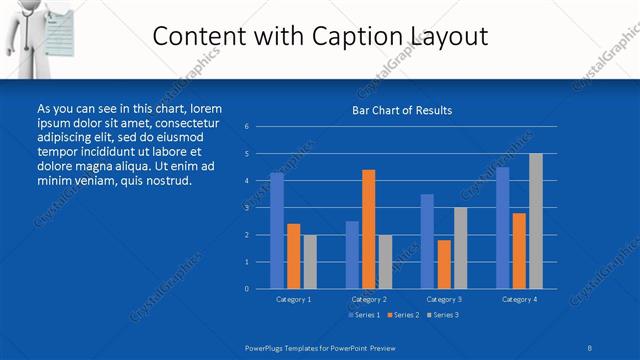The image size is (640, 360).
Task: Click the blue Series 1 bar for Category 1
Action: click(x=277, y=231)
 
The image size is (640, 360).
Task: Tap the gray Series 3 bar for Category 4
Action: click(x=536, y=221)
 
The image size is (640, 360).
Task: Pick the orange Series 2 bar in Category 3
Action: click(x=444, y=264)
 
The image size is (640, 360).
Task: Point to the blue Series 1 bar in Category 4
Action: click(x=503, y=228)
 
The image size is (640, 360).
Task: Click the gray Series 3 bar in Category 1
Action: click(x=310, y=262)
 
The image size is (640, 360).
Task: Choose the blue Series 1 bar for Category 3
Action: click(x=427, y=241)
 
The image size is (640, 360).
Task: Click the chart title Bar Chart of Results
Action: click(x=401, y=110)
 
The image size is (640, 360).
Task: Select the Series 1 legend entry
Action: click(x=364, y=315)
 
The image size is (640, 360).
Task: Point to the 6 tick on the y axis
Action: click(x=246, y=127)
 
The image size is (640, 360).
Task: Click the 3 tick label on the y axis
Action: click(x=246, y=208)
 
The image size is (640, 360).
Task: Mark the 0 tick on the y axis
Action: click(x=246, y=289)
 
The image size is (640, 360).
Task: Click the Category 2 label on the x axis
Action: click(x=369, y=299)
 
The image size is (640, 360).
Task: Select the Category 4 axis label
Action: click(x=519, y=299)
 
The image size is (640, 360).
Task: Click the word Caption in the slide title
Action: click(x=352, y=37)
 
